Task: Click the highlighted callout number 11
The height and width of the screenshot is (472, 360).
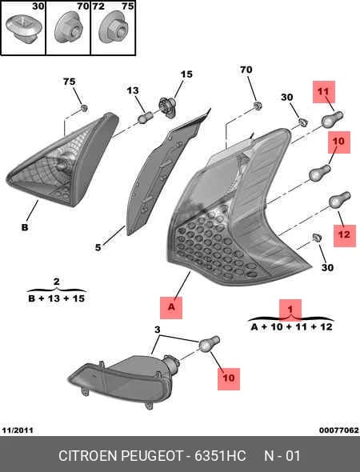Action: tap(323, 91)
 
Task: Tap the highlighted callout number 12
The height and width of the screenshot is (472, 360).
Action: tap(344, 235)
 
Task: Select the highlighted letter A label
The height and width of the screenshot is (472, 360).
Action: tap(171, 308)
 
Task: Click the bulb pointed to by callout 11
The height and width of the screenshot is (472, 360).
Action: tap(332, 118)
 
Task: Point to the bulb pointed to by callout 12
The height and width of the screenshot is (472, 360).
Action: tap(340, 199)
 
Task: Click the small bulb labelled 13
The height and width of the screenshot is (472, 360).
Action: tap(146, 117)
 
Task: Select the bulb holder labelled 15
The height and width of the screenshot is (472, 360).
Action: tap(167, 106)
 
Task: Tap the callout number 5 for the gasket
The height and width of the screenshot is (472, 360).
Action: tap(98, 247)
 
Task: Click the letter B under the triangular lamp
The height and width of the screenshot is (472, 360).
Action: tap(25, 226)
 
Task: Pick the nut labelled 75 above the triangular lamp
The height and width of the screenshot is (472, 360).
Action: tap(85, 108)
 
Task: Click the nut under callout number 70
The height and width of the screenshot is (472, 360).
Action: tap(257, 105)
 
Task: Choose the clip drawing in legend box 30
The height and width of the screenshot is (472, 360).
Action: tap(22, 30)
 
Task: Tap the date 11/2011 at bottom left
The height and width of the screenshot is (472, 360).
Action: tap(18, 430)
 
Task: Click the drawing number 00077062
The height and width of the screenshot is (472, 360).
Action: tap(339, 430)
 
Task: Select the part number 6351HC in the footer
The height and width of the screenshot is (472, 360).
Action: tap(220, 456)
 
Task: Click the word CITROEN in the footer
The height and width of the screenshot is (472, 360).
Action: tap(88, 456)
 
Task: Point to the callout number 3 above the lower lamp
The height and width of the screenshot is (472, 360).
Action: tap(157, 330)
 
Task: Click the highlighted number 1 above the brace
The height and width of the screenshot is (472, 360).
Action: tap(290, 309)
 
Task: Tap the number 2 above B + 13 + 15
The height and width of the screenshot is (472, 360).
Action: tap(56, 282)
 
